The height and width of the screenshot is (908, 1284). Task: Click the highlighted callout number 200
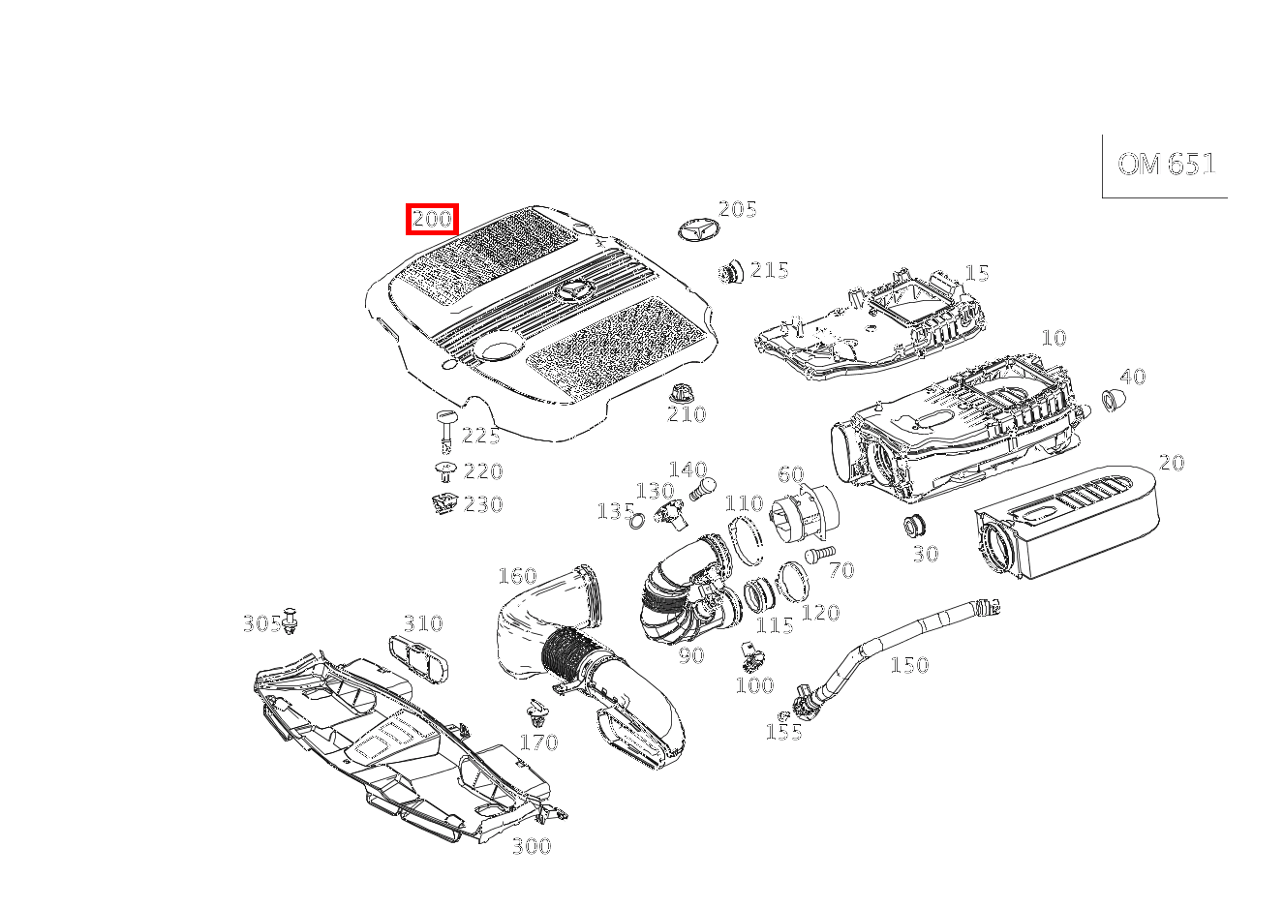pos(432,220)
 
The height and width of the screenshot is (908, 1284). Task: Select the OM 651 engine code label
pos(1166,165)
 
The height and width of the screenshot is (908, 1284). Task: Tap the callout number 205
pos(737,209)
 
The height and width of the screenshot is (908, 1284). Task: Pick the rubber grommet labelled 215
pos(731,272)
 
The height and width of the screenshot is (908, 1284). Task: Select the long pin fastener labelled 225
pos(446,431)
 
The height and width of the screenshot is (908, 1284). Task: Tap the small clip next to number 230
pos(443,503)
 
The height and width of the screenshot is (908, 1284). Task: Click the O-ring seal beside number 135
pos(637,523)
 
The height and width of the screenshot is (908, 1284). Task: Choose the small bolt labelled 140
pos(701,489)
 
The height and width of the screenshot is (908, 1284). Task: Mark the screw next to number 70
pos(817,555)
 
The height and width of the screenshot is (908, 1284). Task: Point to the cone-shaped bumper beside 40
pos(1113,398)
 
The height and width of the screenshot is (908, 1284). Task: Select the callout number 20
pos(1172,463)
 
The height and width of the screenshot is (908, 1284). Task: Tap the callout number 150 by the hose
pos(909,665)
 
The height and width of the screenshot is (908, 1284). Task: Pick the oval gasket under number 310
pos(421,658)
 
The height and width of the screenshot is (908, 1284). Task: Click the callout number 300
pos(531,846)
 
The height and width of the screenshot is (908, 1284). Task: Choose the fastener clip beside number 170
pos(536,716)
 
